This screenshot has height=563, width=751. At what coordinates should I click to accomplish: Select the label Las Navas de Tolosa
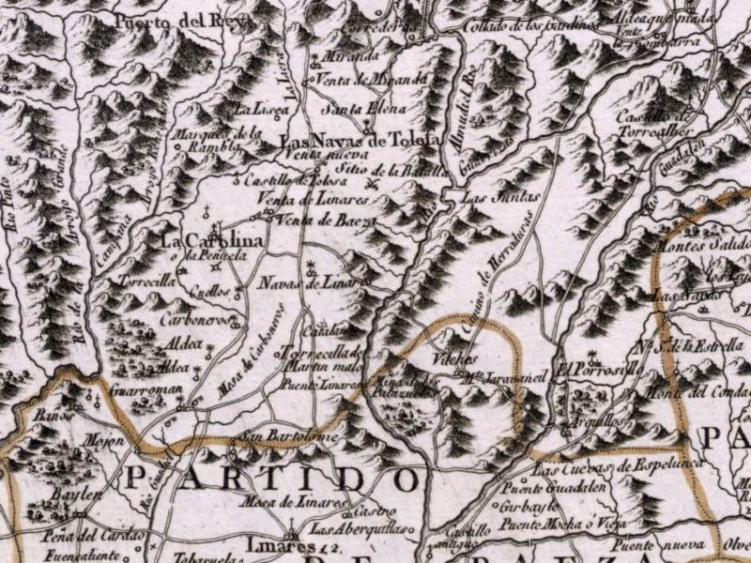[360, 141]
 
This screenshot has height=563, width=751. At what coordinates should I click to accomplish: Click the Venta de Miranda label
[374, 79]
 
